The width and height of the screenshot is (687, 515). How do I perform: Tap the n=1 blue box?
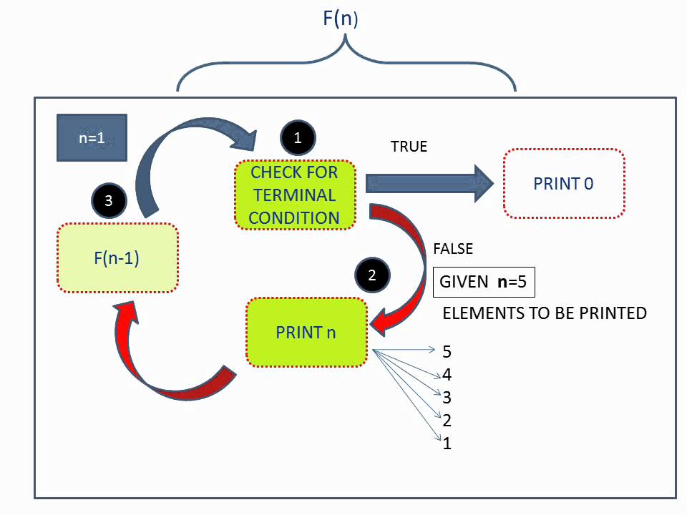tap(92, 138)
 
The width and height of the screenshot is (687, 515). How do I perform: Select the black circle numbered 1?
tap(298, 138)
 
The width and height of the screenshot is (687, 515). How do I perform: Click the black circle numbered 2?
tap(372, 275)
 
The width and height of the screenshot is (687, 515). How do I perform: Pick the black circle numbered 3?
tap(109, 200)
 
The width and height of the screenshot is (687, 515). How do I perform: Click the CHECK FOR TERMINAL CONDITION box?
tap(294, 195)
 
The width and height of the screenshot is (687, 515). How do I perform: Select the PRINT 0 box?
tap(563, 184)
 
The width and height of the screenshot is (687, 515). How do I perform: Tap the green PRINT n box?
tap(306, 333)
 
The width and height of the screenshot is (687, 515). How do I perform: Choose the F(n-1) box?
tap(117, 258)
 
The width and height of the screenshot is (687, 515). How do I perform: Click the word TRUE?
tap(409, 147)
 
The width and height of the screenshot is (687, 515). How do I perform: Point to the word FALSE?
tap(453, 249)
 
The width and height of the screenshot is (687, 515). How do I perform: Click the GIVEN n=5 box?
tap(483, 282)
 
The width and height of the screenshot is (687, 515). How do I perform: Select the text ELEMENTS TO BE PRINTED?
tap(545, 313)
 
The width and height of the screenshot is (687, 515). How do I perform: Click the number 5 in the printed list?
tap(447, 351)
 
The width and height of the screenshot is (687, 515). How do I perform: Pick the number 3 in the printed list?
tap(447, 398)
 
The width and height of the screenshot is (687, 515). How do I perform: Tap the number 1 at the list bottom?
tap(447, 443)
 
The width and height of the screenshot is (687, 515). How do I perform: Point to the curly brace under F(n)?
tap(346, 64)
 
